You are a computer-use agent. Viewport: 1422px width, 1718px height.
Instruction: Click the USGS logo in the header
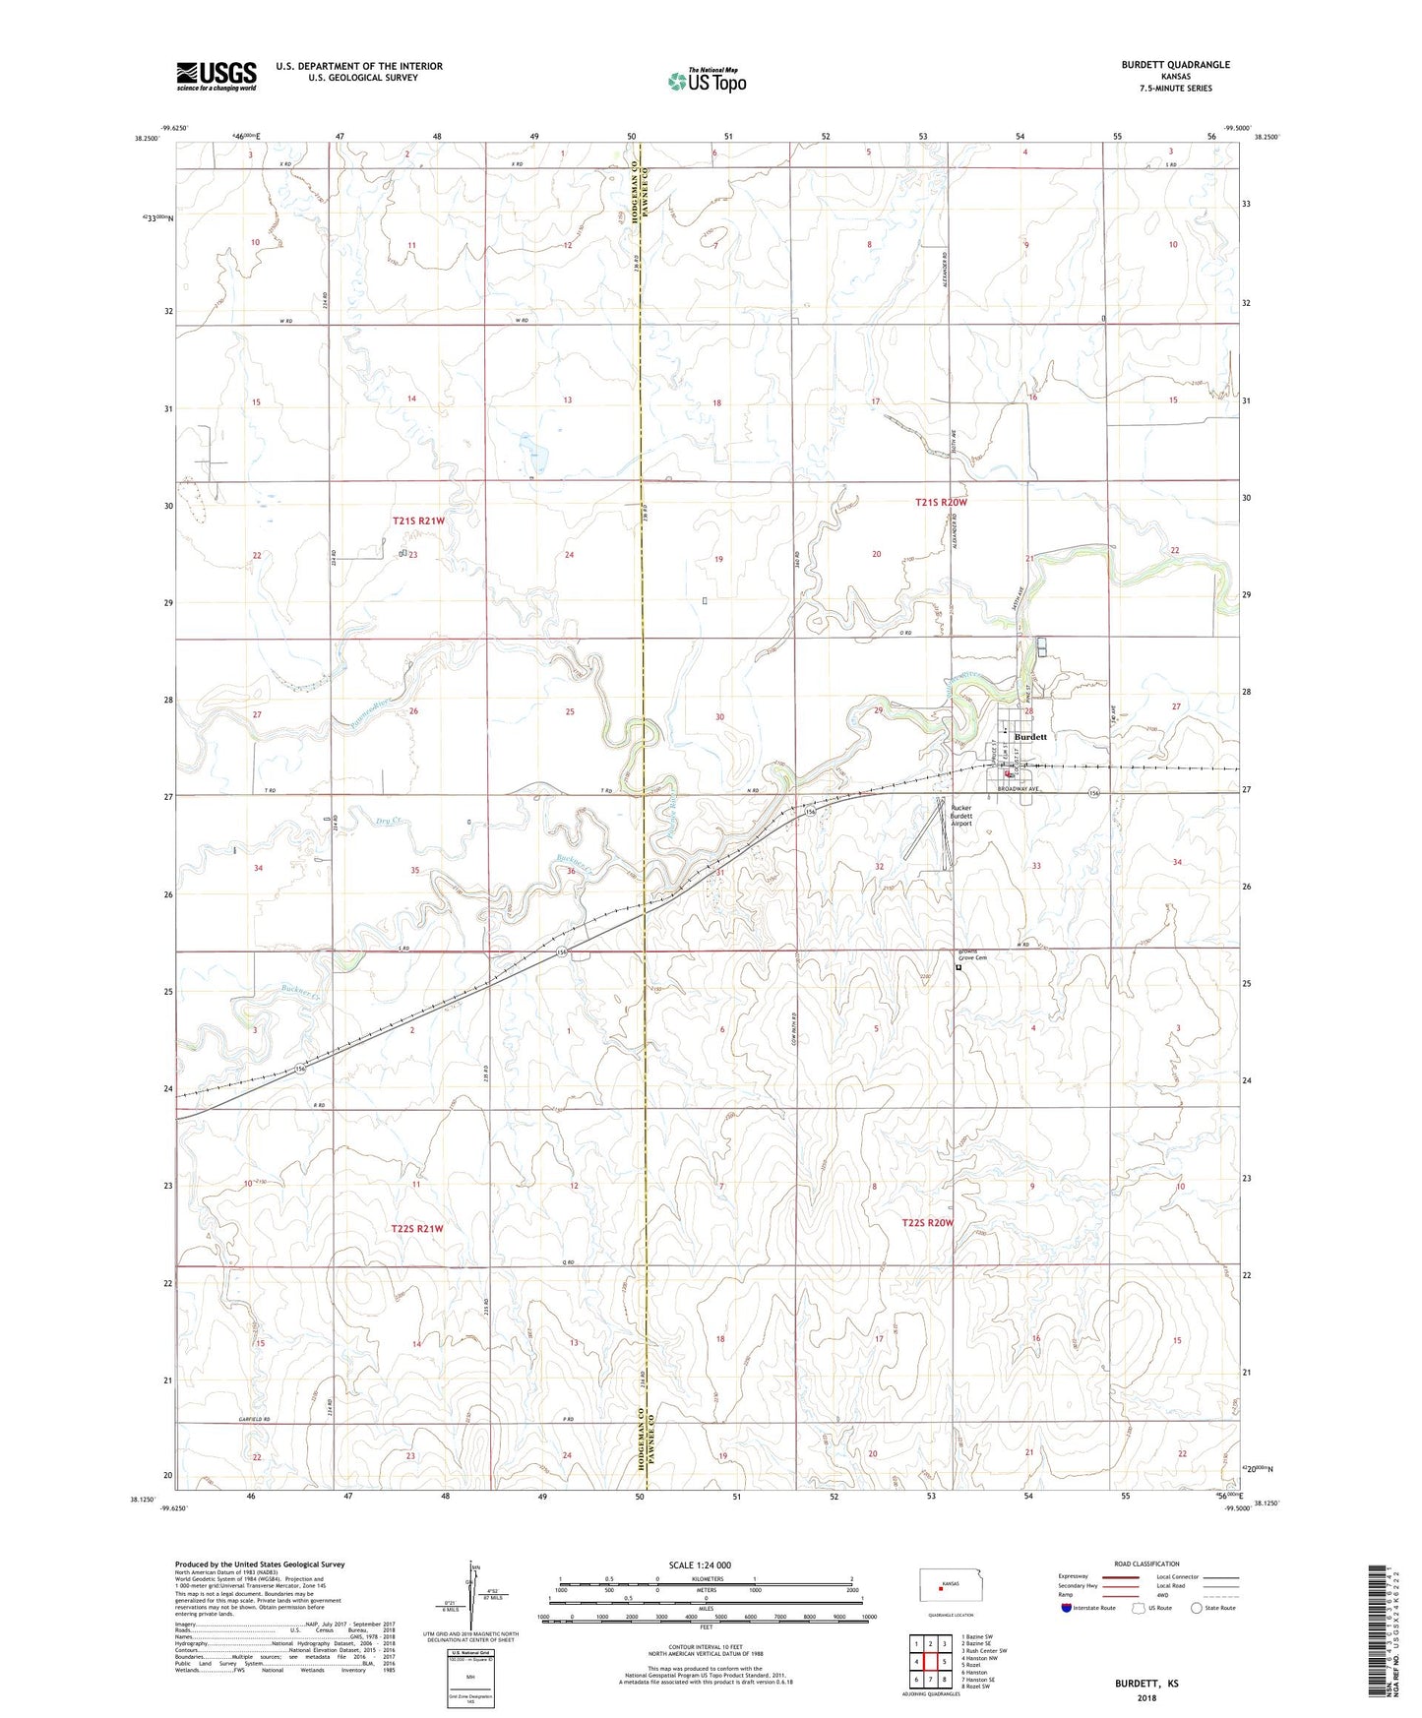coord(216,76)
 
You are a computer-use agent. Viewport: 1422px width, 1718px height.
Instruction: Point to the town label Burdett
coord(1030,737)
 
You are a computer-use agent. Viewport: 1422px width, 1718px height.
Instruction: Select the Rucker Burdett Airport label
coord(959,816)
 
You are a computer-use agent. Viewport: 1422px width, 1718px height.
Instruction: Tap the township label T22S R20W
coord(928,1223)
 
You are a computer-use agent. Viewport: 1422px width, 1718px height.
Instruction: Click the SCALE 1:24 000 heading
coord(707,1565)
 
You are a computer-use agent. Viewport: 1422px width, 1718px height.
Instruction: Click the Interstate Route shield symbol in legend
coord(1067,1608)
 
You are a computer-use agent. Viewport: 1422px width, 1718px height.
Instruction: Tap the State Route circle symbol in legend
coord(1197,1608)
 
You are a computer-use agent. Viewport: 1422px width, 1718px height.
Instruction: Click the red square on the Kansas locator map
coord(940,1585)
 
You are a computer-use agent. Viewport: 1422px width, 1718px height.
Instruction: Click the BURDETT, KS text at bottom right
coord(1146,1684)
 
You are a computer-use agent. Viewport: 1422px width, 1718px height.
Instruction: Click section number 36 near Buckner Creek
coord(571,871)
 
